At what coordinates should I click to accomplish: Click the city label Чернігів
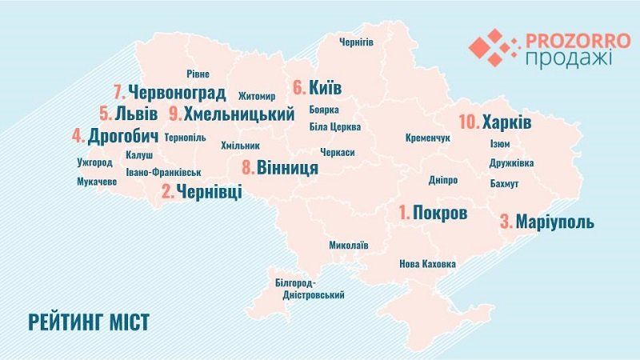[x=356, y=42]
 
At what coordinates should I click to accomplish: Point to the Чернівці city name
[x=210, y=192]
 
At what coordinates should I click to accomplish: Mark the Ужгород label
[x=95, y=162]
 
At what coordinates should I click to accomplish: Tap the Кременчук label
[x=429, y=138]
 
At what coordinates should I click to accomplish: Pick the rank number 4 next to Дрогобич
[x=78, y=135]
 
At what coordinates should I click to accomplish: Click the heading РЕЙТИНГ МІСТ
[x=89, y=322]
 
